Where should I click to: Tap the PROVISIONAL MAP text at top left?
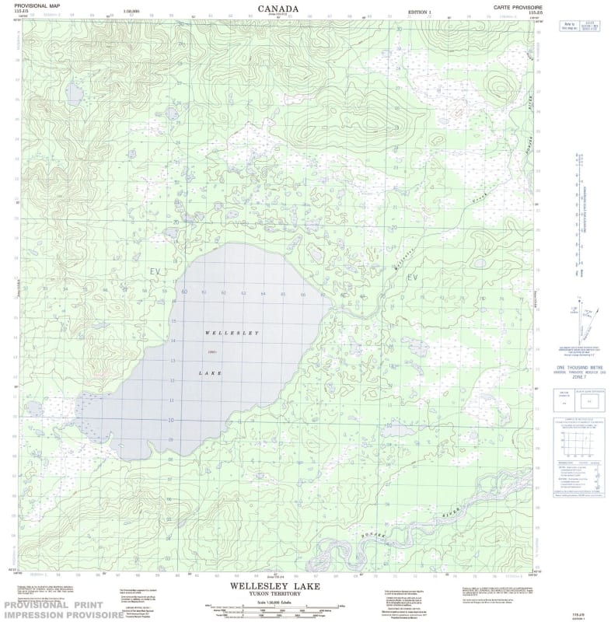click(x=29, y=6)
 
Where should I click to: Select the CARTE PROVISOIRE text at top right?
click(x=516, y=6)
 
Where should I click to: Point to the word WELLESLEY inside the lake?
click(x=231, y=333)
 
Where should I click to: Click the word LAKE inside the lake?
click(x=210, y=374)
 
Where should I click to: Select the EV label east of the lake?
click(x=412, y=277)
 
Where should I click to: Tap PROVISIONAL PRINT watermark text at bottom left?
click(x=61, y=604)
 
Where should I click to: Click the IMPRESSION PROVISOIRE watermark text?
click(x=61, y=614)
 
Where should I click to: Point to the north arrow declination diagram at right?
click(x=576, y=315)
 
